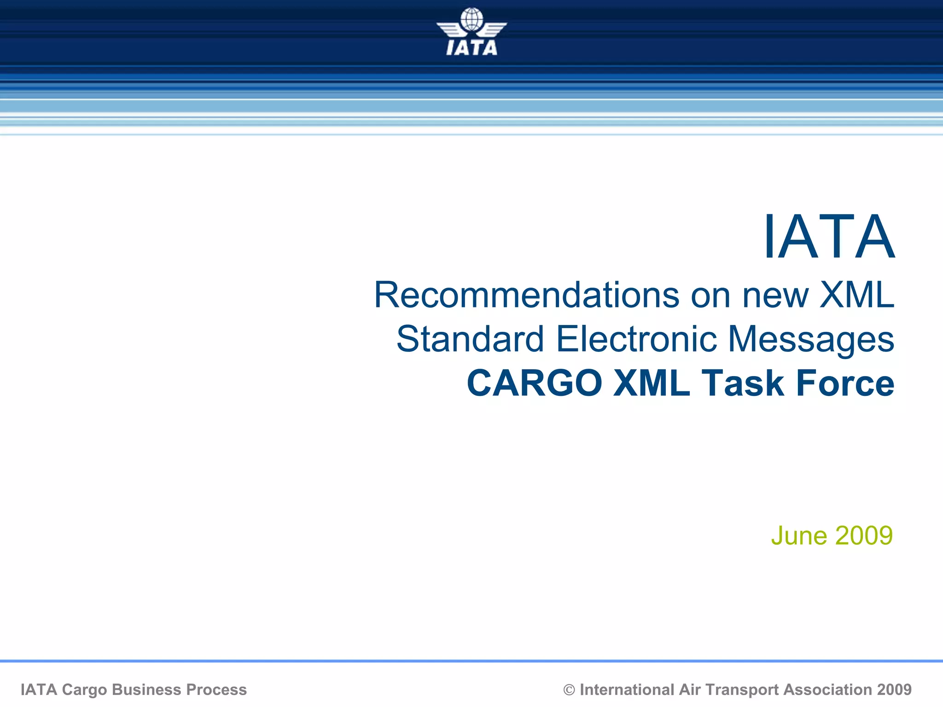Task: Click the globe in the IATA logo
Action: (x=471, y=19)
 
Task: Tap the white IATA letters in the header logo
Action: (x=471, y=48)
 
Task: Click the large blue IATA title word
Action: (x=829, y=237)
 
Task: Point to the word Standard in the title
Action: (x=470, y=339)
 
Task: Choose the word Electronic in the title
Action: (x=636, y=339)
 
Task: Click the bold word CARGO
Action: (x=535, y=383)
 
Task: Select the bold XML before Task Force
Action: (x=652, y=383)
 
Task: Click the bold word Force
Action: (x=845, y=383)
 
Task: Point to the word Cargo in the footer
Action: (x=84, y=690)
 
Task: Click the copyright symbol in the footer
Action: (x=569, y=690)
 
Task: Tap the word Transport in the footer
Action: (x=742, y=690)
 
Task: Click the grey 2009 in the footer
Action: (x=894, y=690)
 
